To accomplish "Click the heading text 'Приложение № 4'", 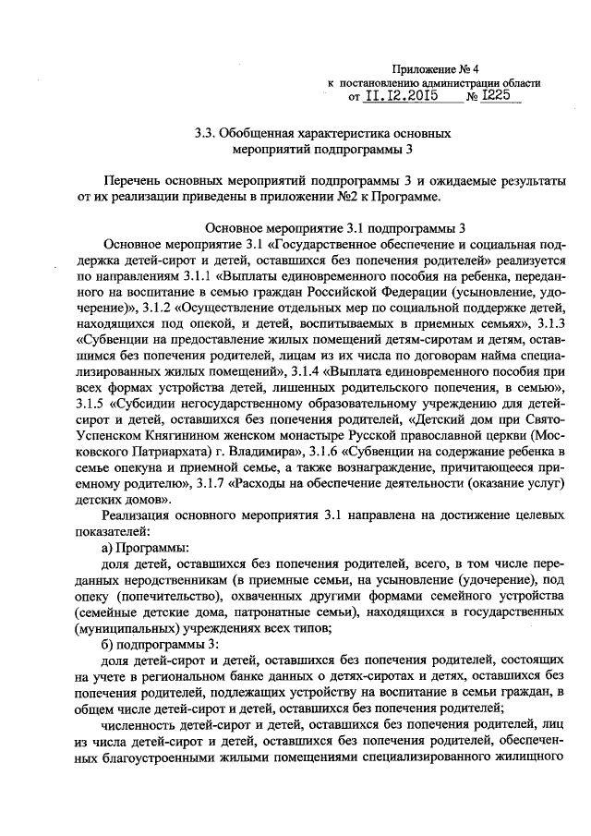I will click(433, 68).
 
